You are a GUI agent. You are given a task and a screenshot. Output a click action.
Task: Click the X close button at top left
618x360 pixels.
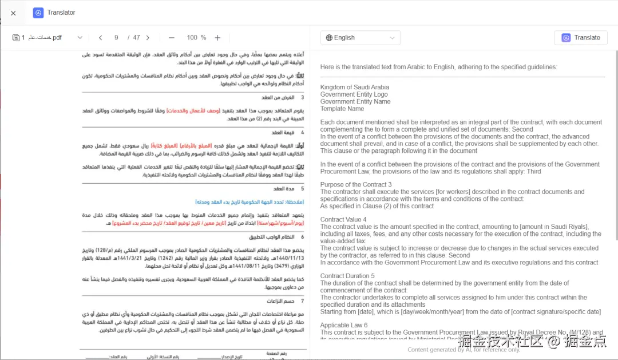pos(13,13)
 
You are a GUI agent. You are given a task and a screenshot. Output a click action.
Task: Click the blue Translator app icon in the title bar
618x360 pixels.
pos(38,13)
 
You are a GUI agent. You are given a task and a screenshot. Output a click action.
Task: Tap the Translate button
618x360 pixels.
pos(581,38)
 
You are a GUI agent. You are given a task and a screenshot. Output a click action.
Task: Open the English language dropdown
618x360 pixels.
pos(360,38)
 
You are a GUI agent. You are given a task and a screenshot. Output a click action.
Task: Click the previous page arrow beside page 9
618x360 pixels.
pos(101,38)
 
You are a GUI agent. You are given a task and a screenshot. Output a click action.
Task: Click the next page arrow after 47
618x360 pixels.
pos(148,38)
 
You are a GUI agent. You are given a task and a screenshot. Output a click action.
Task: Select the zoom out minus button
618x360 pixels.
pos(172,38)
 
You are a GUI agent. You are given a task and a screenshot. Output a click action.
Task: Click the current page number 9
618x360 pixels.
pos(116,38)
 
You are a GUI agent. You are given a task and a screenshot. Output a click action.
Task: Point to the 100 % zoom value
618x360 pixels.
pos(196,38)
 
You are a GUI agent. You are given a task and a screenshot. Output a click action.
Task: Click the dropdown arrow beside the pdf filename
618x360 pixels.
pos(80,38)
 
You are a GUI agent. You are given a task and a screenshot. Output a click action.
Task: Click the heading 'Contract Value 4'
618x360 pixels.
pos(343,220)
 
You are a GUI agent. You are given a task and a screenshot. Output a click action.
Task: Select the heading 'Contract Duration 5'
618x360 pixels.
pos(347,276)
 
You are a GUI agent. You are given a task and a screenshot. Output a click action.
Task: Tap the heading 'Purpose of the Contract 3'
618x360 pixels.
pos(356,185)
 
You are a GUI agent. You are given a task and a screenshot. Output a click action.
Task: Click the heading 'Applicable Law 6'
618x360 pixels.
pos(344,325)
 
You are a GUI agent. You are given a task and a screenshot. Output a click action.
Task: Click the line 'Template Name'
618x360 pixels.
pos(342,109)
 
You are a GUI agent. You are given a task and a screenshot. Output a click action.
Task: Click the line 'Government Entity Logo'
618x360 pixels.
pos(354,94)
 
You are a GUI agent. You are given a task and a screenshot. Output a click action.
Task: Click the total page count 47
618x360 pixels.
pos(136,38)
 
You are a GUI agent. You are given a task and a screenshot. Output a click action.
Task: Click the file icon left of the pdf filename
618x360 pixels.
pos(16,38)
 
